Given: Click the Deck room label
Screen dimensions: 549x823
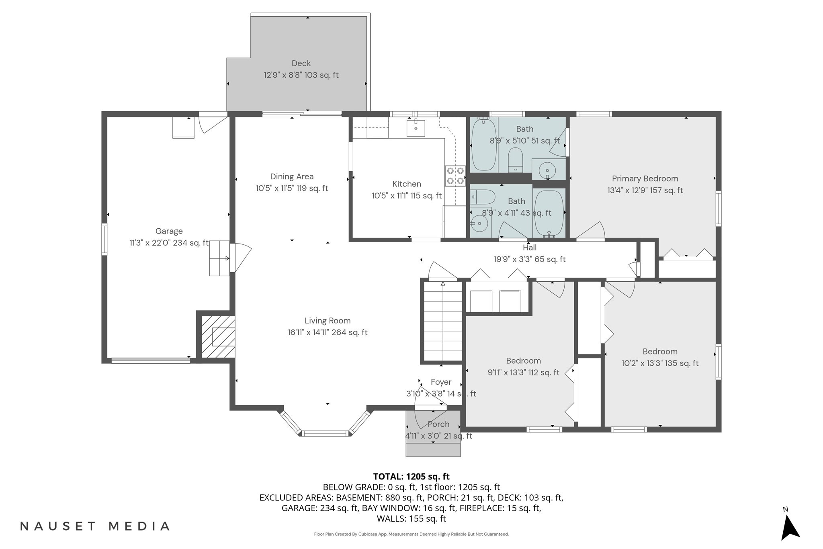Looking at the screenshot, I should pyautogui.click(x=301, y=64).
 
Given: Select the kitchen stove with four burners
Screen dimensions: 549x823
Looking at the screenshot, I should pyautogui.click(x=455, y=176).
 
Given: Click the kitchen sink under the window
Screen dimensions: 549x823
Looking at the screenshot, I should pyautogui.click(x=416, y=129).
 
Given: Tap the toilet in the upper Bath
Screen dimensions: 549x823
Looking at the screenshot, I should pyautogui.click(x=515, y=160).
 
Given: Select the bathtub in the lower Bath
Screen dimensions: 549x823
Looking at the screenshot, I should pyautogui.click(x=549, y=214).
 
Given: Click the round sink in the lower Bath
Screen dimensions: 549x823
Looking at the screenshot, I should pyautogui.click(x=479, y=224).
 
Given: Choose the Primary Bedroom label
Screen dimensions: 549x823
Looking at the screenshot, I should pyautogui.click(x=645, y=179).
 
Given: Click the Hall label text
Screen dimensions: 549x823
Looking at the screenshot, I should pyautogui.click(x=530, y=248).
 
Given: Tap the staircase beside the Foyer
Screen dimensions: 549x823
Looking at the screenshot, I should pyautogui.click(x=442, y=322).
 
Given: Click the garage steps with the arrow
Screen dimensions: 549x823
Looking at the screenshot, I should pyautogui.click(x=219, y=258).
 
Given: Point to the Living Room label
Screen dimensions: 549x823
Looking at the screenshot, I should pyautogui.click(x=328, y=321).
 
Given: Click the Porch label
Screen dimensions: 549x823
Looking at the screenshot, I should pyautogui.click(x=438, y=424).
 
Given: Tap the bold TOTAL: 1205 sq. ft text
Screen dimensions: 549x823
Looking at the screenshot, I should pyautogui.click(x=411, y=477).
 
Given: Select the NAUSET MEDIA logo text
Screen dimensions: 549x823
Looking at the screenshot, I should pyautogui.click(x=95, y=526).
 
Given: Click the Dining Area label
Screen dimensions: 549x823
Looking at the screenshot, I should pyautogui.click(x=292, y=176).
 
